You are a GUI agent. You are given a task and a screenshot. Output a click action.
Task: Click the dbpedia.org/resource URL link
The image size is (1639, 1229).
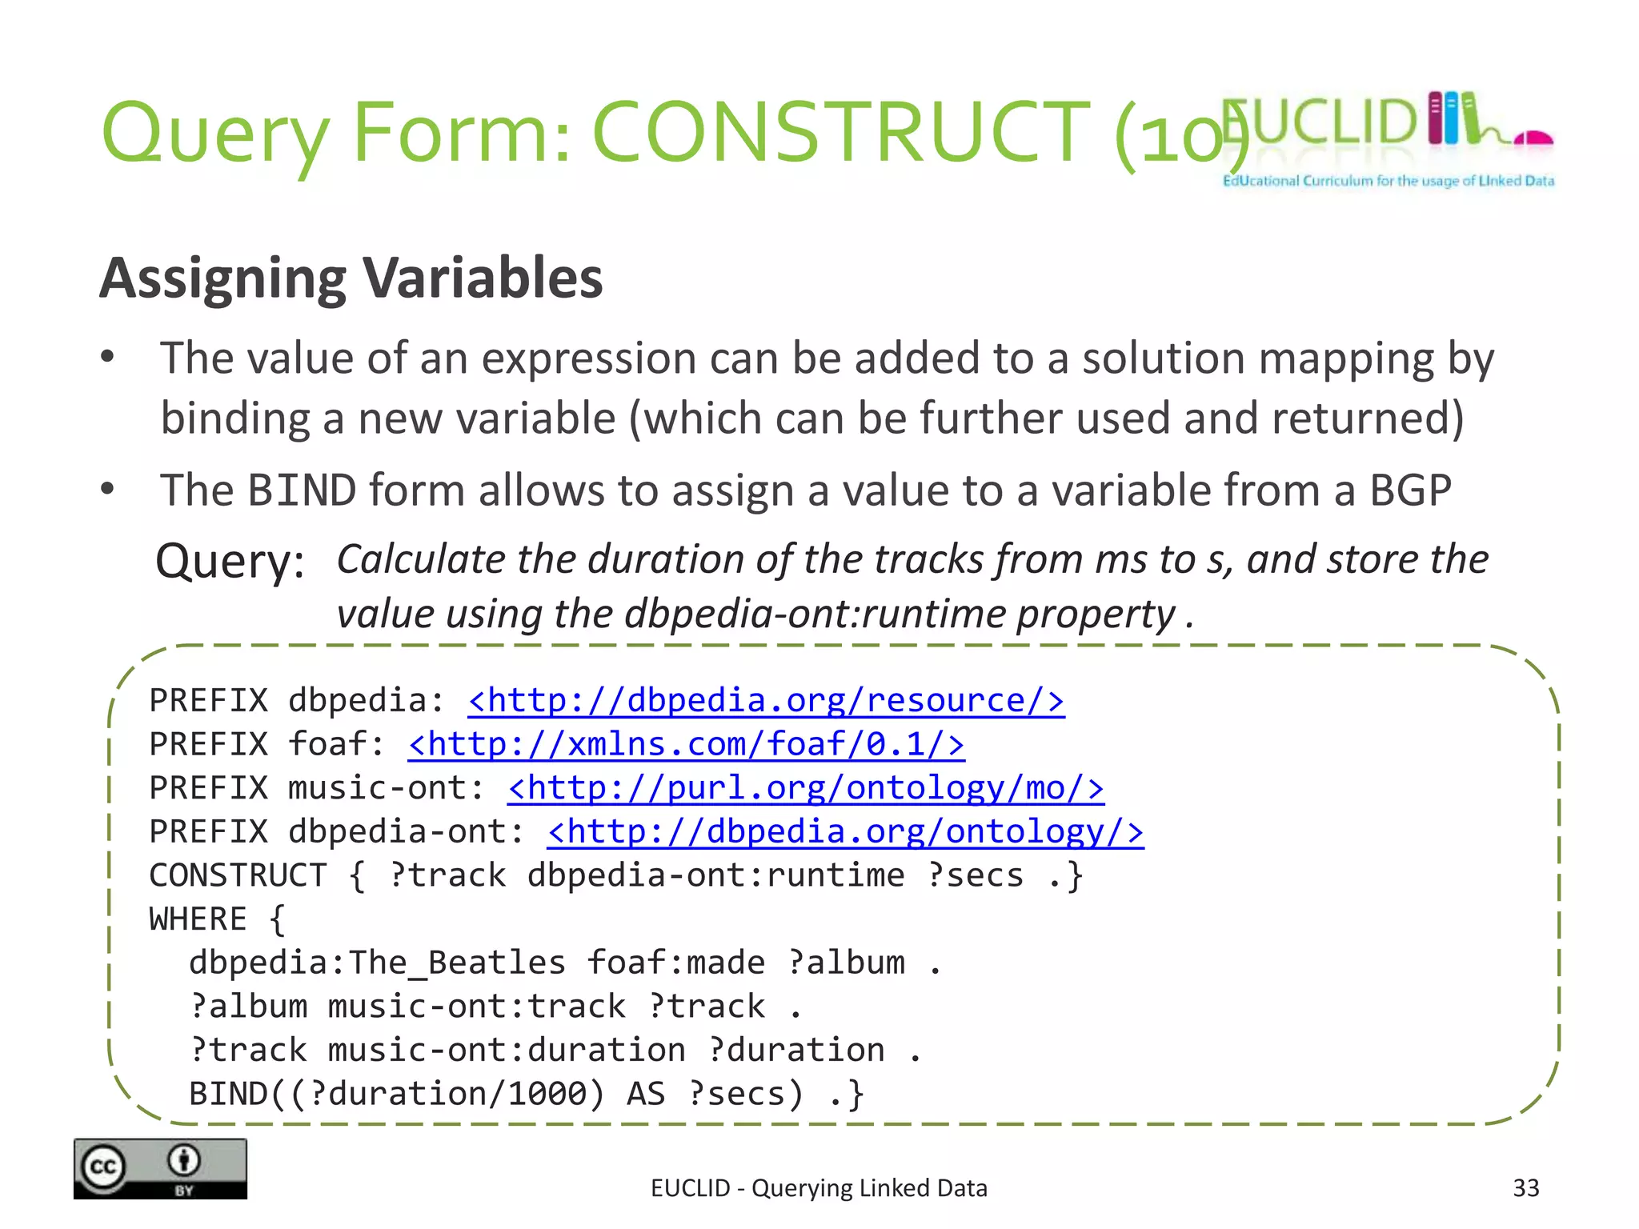[766, 701]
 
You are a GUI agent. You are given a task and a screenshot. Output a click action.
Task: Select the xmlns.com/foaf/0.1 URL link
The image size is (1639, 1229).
[686, 745]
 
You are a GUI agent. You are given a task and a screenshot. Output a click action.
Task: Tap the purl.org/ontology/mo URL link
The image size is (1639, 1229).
[805, 789]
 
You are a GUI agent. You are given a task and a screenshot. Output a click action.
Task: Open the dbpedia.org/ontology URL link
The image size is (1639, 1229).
[845, 832]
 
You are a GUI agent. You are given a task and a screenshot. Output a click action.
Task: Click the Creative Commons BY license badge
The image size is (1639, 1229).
[160, 1168]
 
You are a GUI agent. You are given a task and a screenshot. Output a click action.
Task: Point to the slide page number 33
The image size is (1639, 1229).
[1525, 1188]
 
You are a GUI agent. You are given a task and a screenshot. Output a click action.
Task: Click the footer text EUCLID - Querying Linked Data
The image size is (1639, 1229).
[819, 1188]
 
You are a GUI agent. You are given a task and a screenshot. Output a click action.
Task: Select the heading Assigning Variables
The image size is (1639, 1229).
[351, 278]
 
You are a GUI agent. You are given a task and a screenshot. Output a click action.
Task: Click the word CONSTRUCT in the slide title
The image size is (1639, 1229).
[840, 132]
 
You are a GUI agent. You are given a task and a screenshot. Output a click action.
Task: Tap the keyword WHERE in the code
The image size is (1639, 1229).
[198, 919]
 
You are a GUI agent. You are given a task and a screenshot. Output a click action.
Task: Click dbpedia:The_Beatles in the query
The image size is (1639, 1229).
[377, 963]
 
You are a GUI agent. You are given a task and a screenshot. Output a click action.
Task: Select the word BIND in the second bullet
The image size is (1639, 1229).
[302, 490]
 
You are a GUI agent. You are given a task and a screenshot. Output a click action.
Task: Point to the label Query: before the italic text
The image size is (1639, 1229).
[230, 561]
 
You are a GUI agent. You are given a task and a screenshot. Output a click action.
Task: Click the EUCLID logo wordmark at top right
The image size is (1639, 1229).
[1320, 122]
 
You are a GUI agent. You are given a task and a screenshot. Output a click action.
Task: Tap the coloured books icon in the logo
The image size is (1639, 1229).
[1453, 118]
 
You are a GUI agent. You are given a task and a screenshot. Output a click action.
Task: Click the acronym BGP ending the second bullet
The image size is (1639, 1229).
[1410, 490]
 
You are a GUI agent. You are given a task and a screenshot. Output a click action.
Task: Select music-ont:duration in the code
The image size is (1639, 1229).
[506, 1050]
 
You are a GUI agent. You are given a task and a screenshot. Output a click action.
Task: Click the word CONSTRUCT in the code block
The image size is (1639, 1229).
[238, 875]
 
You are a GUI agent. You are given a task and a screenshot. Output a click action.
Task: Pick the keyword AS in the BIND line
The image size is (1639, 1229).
[645, 1094]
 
